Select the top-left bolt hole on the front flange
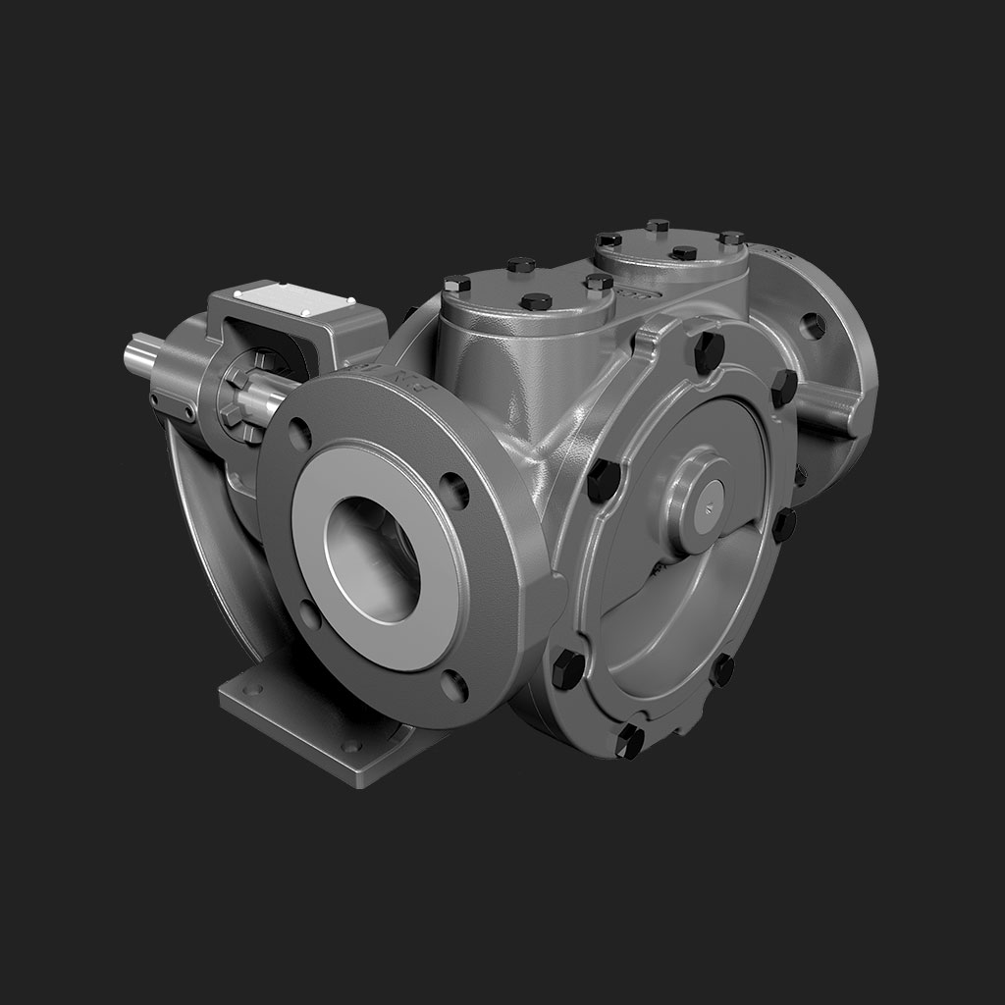tap(299, 433)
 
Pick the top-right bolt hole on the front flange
tap(452, 489)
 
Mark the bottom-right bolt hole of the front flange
tap(453, 684)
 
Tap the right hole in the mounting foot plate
tap(350, 746)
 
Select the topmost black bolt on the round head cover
tap(709, 351)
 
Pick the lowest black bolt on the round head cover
tap(629, 741)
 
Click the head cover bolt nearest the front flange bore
tap(602, 480)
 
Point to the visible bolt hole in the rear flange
tap(812, 325)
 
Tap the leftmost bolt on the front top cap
tap(456, 284)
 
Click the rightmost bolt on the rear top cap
tap(731, 238)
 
